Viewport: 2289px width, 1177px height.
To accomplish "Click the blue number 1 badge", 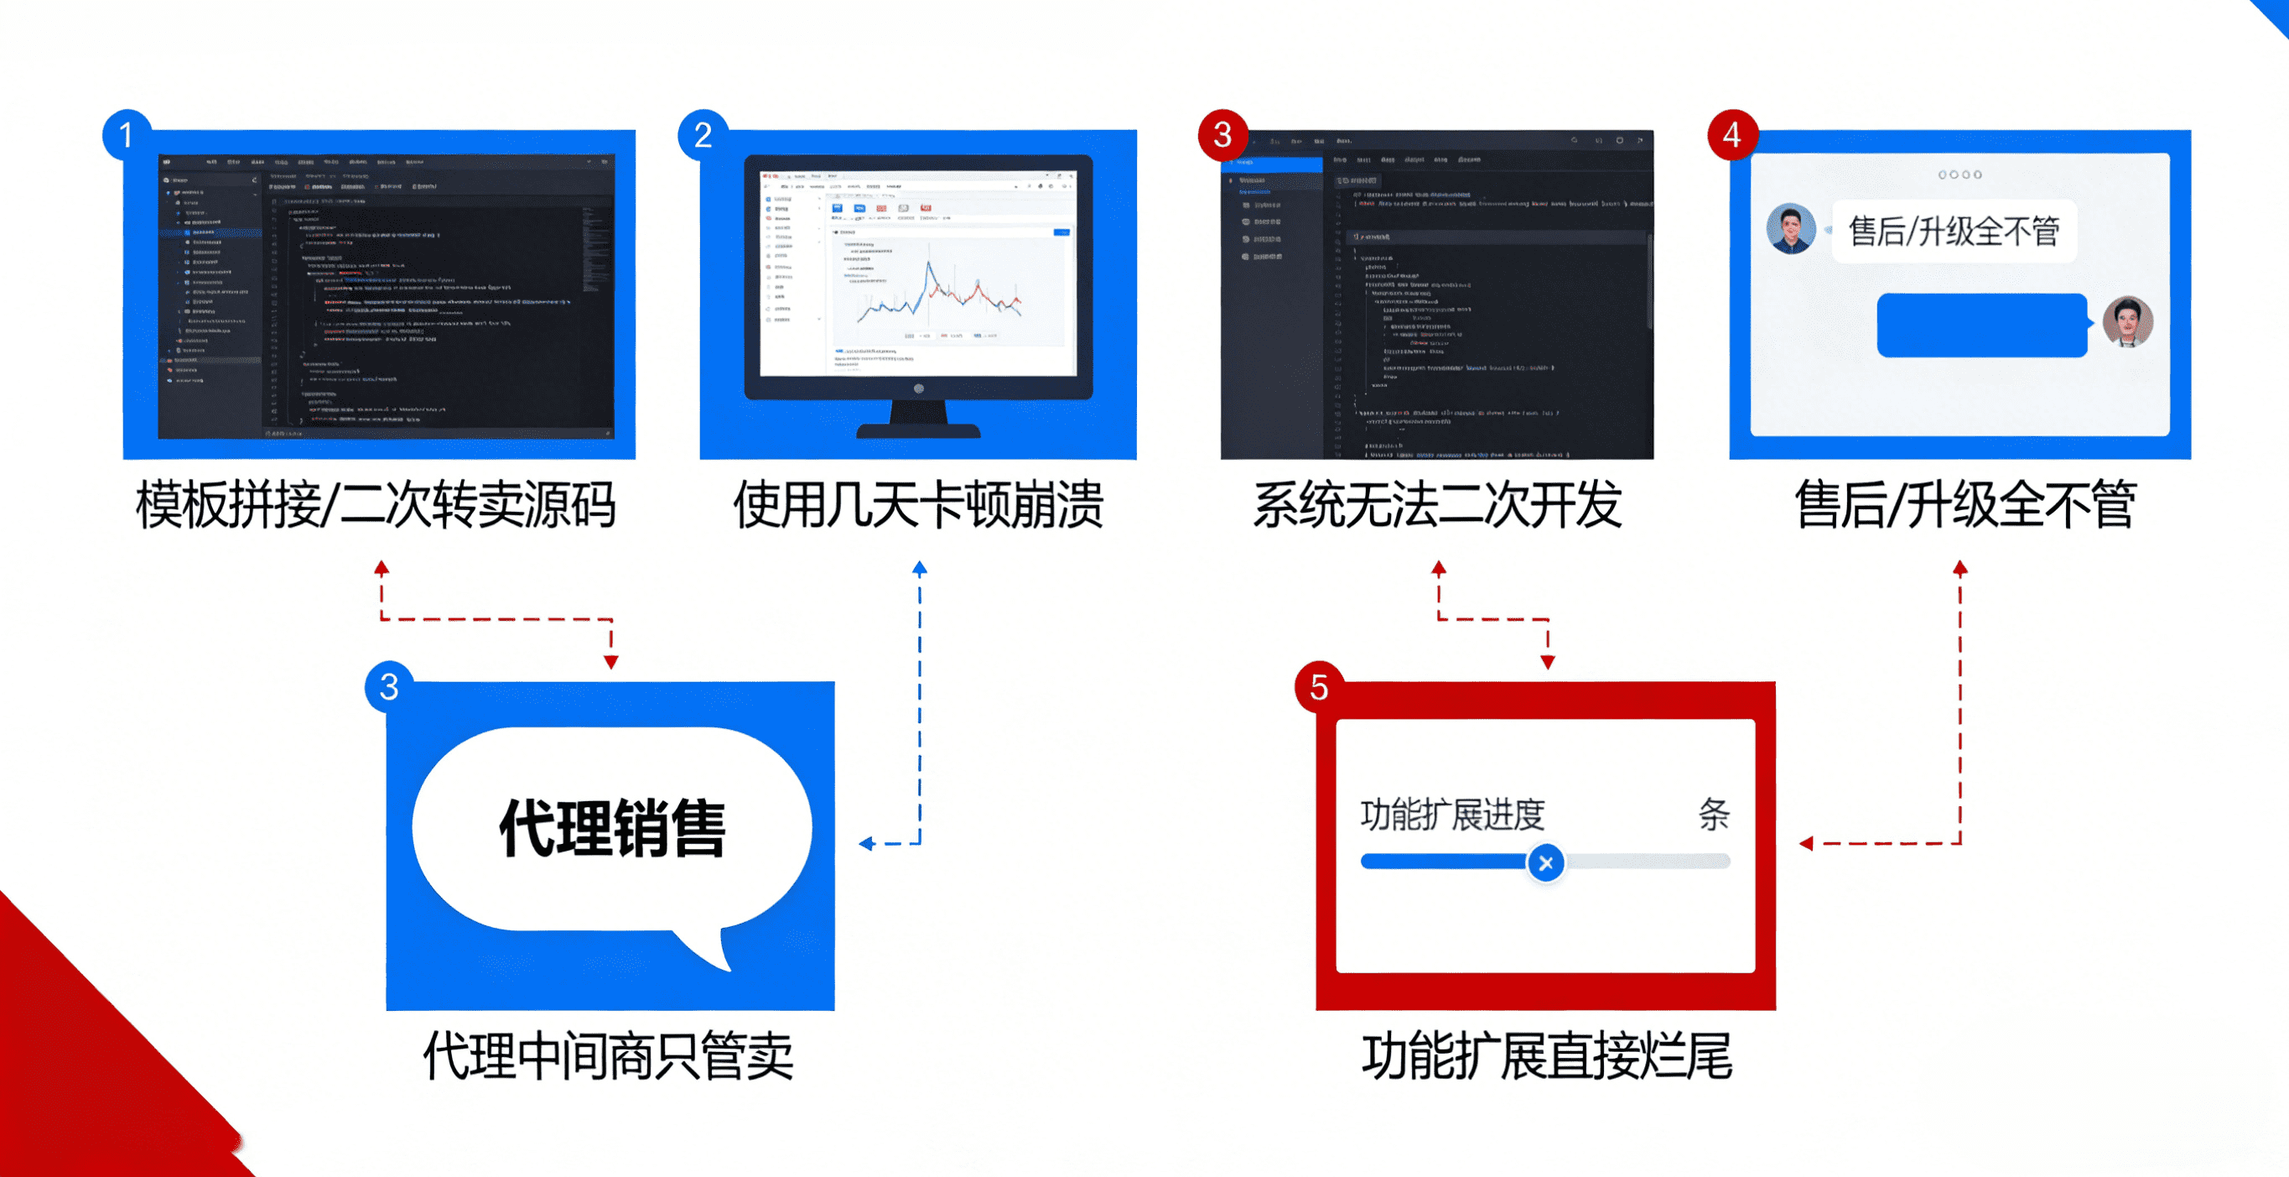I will coord(126,135).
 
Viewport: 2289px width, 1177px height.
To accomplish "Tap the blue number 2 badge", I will coord(703,135).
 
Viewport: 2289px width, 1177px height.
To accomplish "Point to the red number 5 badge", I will coord(1320,687).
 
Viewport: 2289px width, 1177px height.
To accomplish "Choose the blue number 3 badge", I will coord(389,687).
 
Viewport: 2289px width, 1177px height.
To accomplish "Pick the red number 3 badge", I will coord(1222,135).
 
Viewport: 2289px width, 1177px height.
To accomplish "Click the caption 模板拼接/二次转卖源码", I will coord(375,505).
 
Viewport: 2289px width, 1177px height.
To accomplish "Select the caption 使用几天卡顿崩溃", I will coord(918,505).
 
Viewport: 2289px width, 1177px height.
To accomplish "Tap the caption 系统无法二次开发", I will coord(1437,505).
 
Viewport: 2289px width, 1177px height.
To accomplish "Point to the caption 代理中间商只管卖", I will coord(609,1056).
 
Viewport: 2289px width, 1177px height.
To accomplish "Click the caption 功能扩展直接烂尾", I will coord(1547,1056).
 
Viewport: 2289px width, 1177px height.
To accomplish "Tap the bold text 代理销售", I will coord(612,828).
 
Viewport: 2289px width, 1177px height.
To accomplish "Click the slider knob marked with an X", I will coord(1546,862).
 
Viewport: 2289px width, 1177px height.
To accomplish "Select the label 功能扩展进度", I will coord(1453,815).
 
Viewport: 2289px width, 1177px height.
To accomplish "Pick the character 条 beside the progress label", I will coord(1714,815).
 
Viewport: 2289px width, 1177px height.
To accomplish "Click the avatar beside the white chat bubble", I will coord(1790,229).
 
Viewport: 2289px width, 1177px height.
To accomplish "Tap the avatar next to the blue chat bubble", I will coord(2128,322).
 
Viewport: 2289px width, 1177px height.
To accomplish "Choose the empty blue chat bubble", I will coord(1981,325).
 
